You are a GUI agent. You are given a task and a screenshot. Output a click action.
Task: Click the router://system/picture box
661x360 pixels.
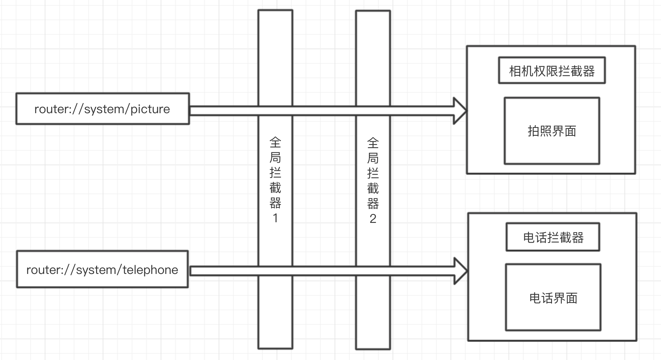[x=103, y=109]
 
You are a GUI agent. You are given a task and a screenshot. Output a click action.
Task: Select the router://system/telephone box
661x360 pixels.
[x=102, y=269]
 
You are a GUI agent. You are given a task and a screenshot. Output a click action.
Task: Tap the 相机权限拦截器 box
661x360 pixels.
[x=552, y=70]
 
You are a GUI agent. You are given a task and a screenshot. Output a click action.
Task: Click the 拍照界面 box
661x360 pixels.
[x=552, y=131]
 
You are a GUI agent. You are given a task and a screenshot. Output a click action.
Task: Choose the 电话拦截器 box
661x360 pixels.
[x=553, y=237]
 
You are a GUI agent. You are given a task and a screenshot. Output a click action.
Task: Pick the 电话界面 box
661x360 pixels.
[x=553, y=297]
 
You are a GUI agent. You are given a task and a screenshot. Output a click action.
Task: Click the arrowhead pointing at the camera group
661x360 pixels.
[x=460, y=111]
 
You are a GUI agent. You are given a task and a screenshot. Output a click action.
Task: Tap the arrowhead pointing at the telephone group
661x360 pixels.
[x=461, y=271]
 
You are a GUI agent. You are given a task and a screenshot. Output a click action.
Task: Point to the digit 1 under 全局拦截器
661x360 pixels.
[x=275, y=218]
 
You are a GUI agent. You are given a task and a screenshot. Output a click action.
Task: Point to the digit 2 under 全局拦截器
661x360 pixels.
[x=373, y=219]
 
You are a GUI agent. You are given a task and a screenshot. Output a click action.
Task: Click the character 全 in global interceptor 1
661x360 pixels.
[x=275, y=142]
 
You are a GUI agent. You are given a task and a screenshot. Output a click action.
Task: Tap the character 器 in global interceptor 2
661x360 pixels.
[x=373, y=204]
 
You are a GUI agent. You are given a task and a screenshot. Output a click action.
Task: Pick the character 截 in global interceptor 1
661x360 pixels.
[x=275, y=188]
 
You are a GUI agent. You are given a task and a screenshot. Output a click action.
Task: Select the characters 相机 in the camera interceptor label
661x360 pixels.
[x=521, y=71]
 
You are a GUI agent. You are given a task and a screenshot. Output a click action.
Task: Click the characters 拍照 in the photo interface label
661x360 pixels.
[x=540, y=131]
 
